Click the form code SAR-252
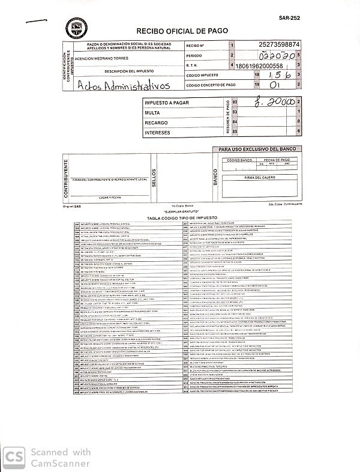tap(289, 19)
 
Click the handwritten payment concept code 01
tap(275, 86)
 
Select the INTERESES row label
tap(157, 132)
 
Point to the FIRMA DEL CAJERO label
tap(259, 178)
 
